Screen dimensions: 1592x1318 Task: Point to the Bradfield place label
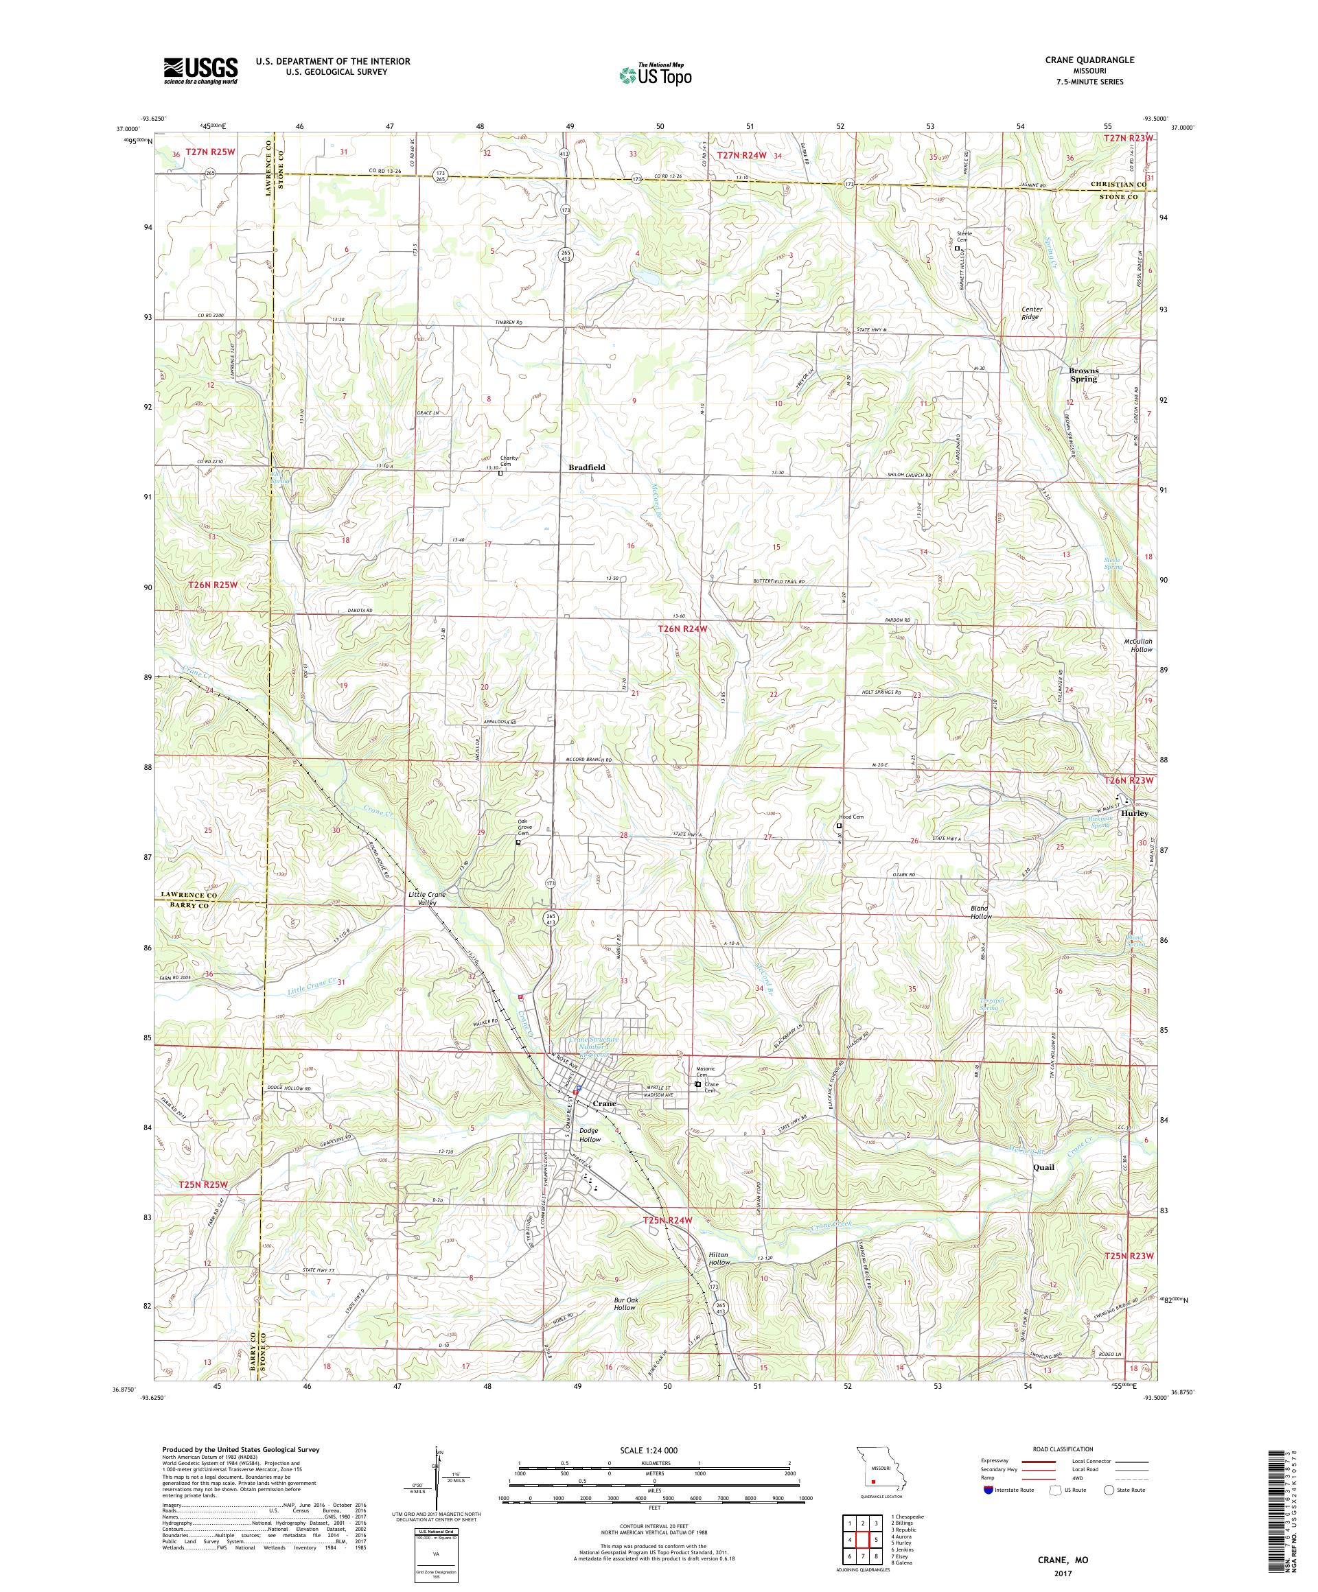[587, 468]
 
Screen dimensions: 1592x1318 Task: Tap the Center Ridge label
[1031, 313]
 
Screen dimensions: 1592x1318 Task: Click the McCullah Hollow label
[1137, 645]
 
